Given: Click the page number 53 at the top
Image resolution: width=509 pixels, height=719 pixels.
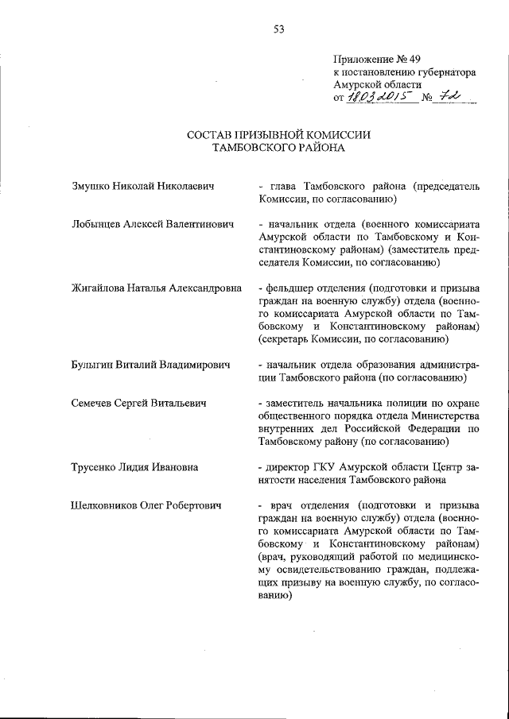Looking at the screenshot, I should coord(279,29).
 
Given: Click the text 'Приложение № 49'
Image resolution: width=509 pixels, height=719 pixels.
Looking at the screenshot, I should coord(375,59).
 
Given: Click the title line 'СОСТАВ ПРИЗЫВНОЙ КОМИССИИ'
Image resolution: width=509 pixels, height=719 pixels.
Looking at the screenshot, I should coord(278,134).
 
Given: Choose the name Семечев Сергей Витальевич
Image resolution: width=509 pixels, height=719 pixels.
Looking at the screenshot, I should coord(139,404).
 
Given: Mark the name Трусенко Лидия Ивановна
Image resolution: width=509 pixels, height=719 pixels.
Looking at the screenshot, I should coord(134,466).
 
